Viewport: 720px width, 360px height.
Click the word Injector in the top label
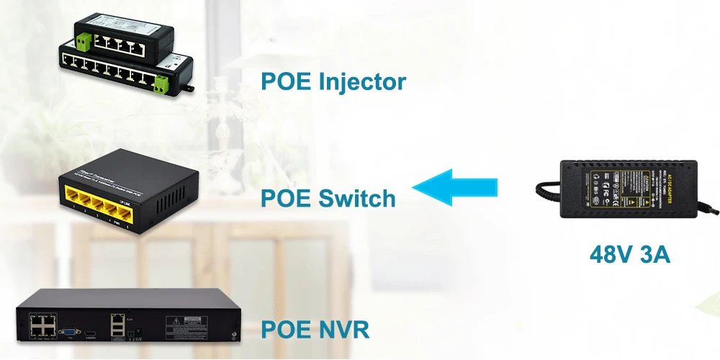[362, 82]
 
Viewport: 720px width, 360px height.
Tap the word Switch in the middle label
[356, 197]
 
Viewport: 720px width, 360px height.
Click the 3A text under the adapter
[653, 253]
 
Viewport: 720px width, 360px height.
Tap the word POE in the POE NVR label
[284, 330]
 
